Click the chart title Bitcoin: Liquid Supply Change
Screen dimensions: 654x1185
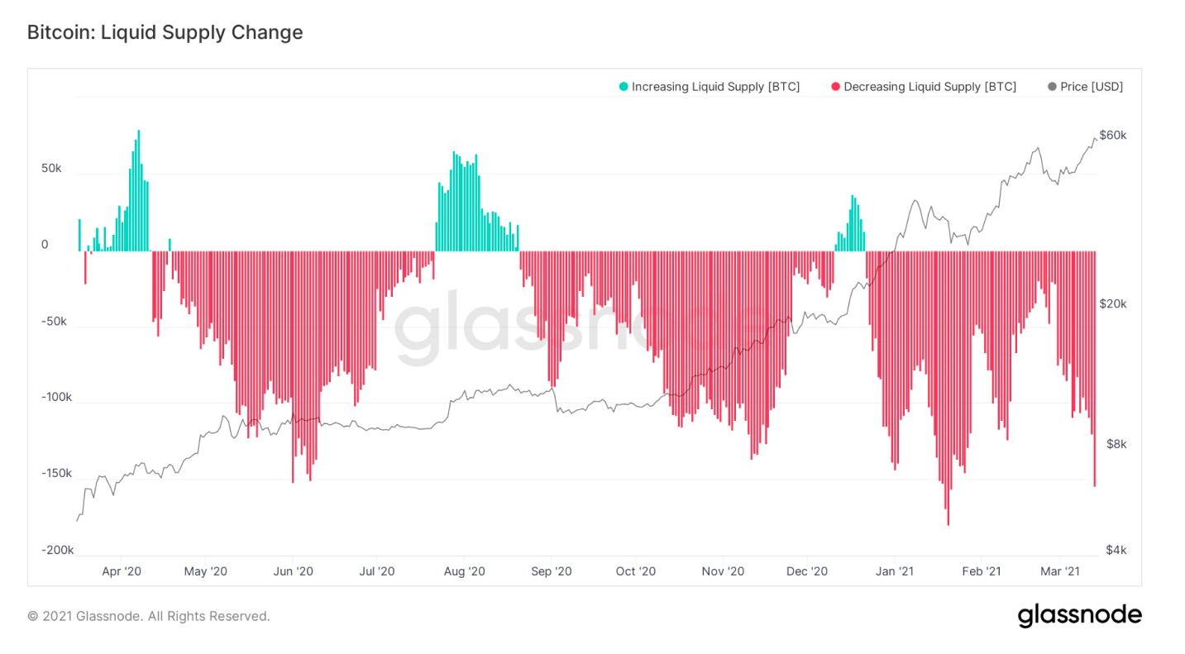click(165, 32)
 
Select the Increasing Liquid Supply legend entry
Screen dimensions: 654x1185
click(709, 86)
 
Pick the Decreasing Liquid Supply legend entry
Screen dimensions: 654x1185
click(923, 86)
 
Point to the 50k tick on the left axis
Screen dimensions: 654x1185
click(51, 168)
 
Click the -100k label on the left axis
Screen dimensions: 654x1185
click(56, 397)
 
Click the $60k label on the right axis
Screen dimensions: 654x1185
click(1113, 135)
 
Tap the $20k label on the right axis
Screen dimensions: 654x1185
click(1113, 303)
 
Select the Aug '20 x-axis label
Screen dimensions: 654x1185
click(464, 570)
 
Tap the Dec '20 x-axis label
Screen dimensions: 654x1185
click(807, 570)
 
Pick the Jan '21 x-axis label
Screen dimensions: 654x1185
click(894, 570)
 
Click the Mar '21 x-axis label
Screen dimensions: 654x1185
click(1061, 570)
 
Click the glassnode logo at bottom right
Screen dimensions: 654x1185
click(1079, 616)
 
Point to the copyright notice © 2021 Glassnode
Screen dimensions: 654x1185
click(148, 616)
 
